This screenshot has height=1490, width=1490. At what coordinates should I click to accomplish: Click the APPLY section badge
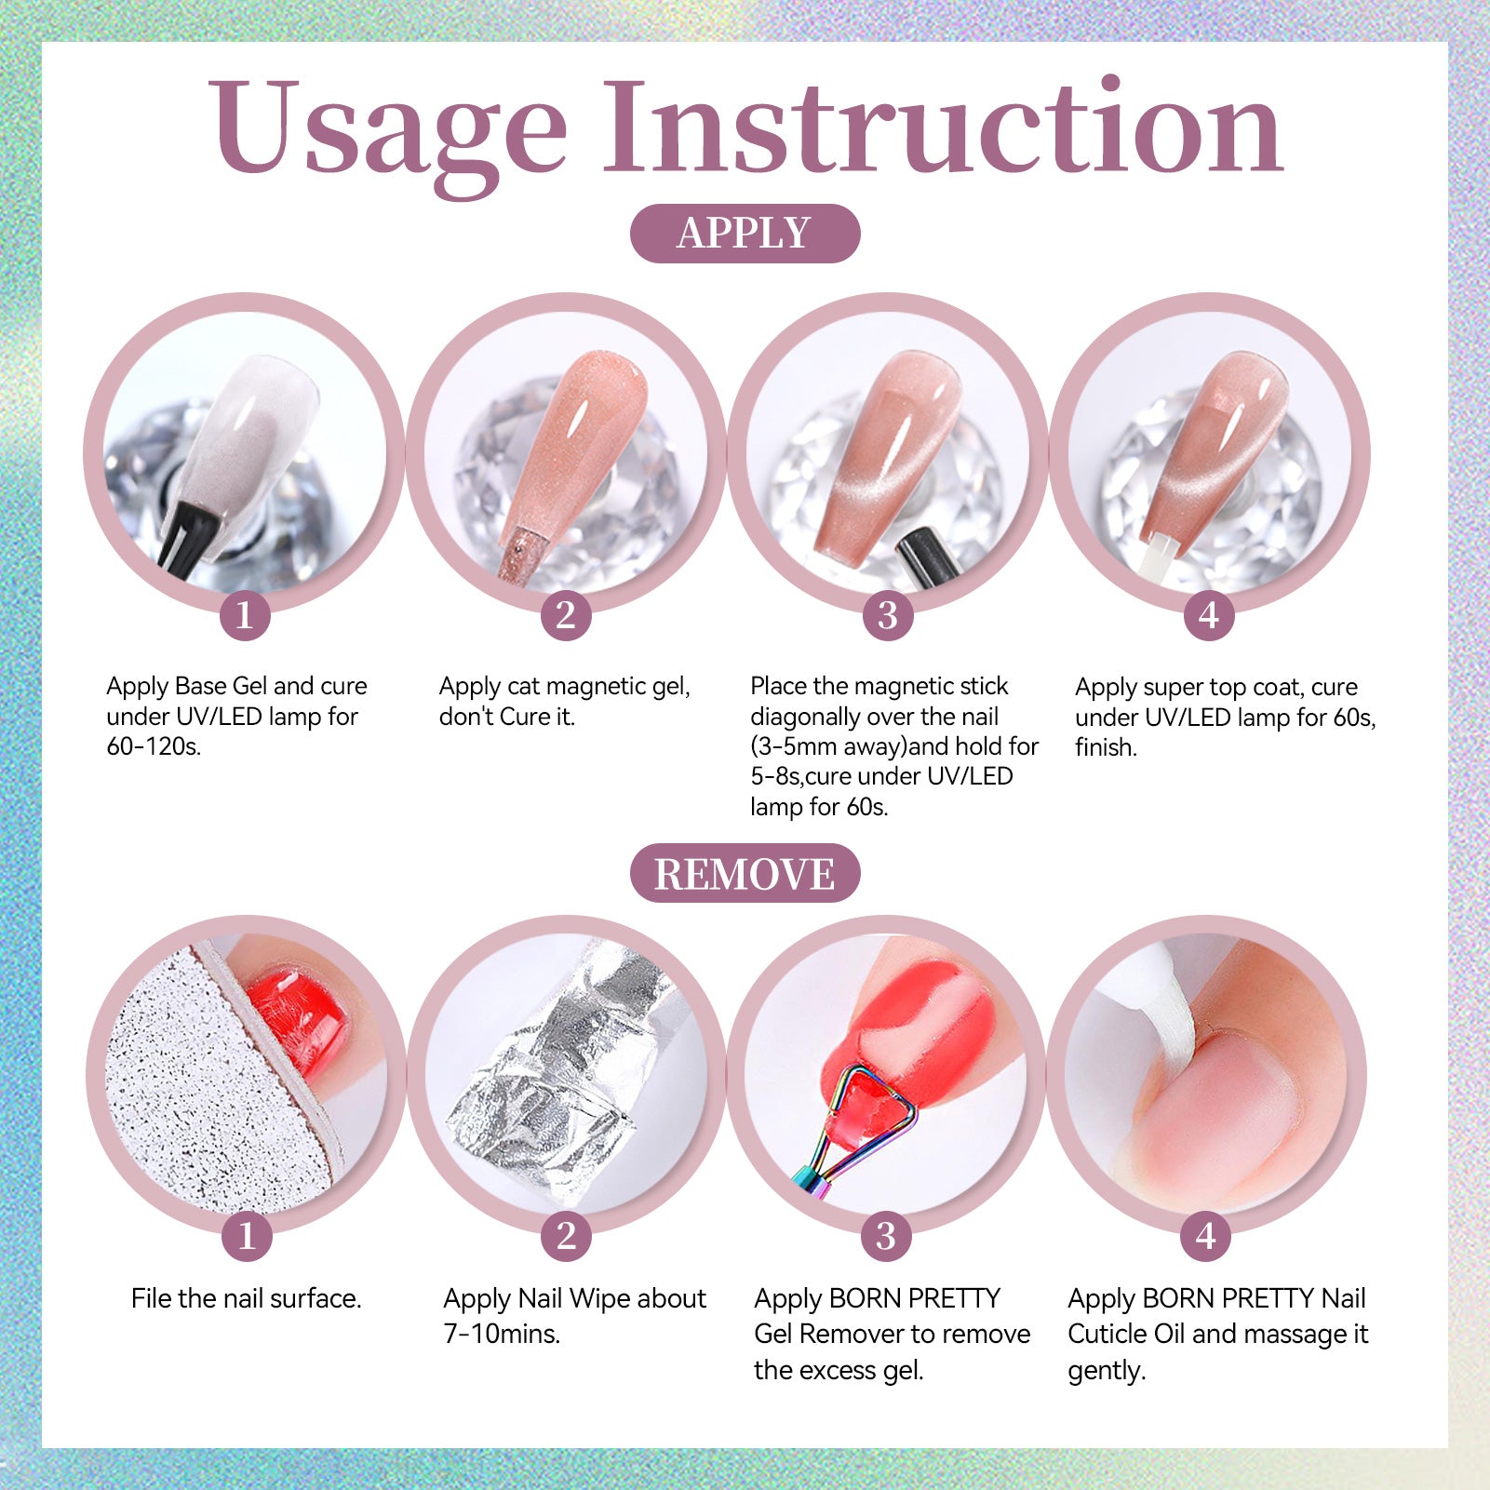pyautogui.click(x=745, y=233)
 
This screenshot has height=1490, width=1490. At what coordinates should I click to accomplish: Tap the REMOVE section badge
pyautogui.click(x=745, y=873)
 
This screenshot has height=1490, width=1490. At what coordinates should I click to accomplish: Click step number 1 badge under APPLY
pyautogui.click(x=245, y=615)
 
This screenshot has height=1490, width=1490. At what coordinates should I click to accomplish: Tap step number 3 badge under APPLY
pyautogui.click(x=888, y=615)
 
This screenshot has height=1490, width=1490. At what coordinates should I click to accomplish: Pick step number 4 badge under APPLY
pyautogui.click(x=1209, y=615)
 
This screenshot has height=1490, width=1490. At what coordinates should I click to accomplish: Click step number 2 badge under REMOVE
pyautogui.click(x=566, y=1237)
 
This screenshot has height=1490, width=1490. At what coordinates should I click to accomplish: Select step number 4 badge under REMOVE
pyautogui.click(x=1206, y=1237)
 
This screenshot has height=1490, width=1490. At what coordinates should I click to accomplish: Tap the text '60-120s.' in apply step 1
pyautogui.click(x=154, y=746)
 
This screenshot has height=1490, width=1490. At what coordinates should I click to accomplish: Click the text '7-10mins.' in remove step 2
pyautogui.click(x=502, y=1334)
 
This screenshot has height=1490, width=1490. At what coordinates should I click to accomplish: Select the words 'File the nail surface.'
pyautogui.click(x=246, y=1298)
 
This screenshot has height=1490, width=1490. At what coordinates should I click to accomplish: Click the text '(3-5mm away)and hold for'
pyautogui.click(x=894, y=746)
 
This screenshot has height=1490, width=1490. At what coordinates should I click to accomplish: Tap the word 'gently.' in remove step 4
pyautogui.click(x=1107, y=1371)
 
